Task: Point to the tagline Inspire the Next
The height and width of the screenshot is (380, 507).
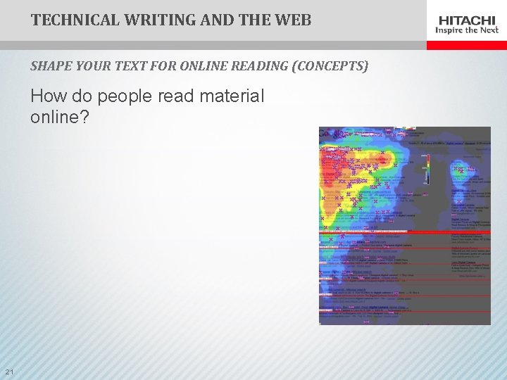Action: (x=466, y=30)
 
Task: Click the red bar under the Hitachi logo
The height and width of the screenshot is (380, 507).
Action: (x=466, y=44)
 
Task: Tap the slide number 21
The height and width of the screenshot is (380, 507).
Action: (x=9, y=372)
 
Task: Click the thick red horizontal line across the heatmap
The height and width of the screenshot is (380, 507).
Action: (x=404, y=231)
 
